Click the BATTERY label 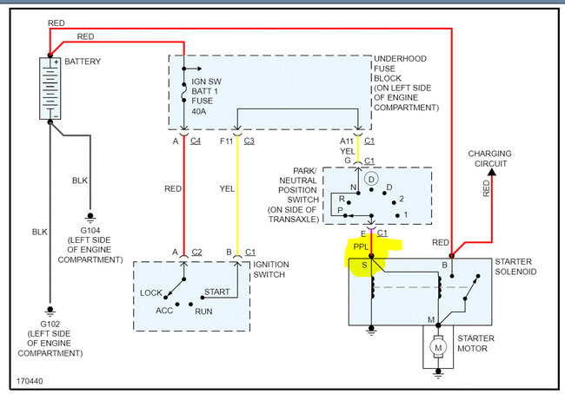(x=83, y=62)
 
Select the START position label (x=216, y=292)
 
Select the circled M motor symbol (x=438, y=348)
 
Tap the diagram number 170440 (x=28, y=380)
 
